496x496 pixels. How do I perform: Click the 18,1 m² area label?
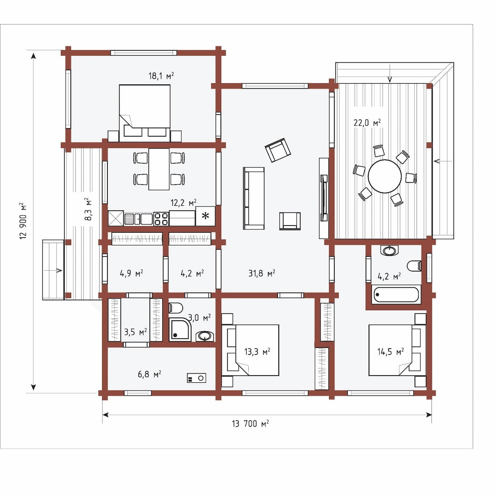pos(161,76)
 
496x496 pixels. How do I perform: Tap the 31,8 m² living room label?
pos(262,273)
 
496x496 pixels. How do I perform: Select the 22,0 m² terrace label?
pos(367,123)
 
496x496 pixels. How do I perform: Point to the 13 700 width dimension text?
pos(250,424)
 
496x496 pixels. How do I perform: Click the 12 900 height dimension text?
pos(23,221)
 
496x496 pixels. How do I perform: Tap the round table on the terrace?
pos(385,176)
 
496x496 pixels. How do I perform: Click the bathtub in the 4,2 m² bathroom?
pos(396,294)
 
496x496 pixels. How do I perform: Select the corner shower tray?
pos(180,329)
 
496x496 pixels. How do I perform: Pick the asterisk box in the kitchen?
pos(205,216)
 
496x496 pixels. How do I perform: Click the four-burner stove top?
pos(161,219)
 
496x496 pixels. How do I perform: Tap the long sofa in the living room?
pos(254,198)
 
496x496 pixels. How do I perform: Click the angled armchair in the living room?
pos(278,150)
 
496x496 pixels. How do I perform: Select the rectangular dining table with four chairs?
pos(159,169)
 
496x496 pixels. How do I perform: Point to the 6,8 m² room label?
pos(149,374)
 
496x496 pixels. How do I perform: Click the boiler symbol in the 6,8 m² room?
pos(196,378)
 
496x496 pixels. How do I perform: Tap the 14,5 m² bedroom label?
pos(391,351)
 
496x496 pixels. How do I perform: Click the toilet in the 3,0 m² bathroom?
pos(176,308)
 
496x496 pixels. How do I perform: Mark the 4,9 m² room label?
pos(131,273)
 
